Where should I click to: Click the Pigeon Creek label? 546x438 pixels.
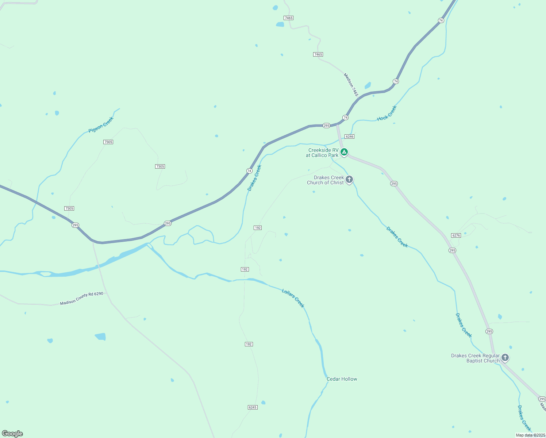tap(101, 124)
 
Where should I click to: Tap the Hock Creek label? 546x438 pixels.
tap(387, 113)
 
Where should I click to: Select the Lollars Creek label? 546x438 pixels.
tap(293, 298)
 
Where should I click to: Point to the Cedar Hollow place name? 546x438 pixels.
tap(342, 379)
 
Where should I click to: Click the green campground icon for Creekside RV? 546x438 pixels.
tap(344, 152)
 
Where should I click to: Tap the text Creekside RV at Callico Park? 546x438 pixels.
tap(322, 153)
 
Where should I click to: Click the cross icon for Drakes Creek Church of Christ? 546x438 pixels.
tap(349, 179)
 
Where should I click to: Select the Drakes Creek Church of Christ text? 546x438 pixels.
tap(325, 180)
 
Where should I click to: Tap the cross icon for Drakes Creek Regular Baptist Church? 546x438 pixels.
tap(505, 357)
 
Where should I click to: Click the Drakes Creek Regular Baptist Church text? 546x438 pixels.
tap(475, 358)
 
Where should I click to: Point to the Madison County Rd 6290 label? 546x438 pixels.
tap(81, 298)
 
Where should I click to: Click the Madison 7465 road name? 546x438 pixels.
tap(351, 85)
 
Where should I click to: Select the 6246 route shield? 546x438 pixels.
tap(349, 137)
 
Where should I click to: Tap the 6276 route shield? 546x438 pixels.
tap(456, 235)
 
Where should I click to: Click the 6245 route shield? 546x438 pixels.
tap(252, 407)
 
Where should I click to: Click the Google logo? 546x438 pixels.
tap(12, 434)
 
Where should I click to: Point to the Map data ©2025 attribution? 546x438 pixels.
tap(530, 435)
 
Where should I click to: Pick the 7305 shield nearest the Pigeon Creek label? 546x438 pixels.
tap(108, 142)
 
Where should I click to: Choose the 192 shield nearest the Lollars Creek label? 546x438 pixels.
tap(245, 269)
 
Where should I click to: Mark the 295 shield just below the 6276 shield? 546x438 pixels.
tap(452, 250)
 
